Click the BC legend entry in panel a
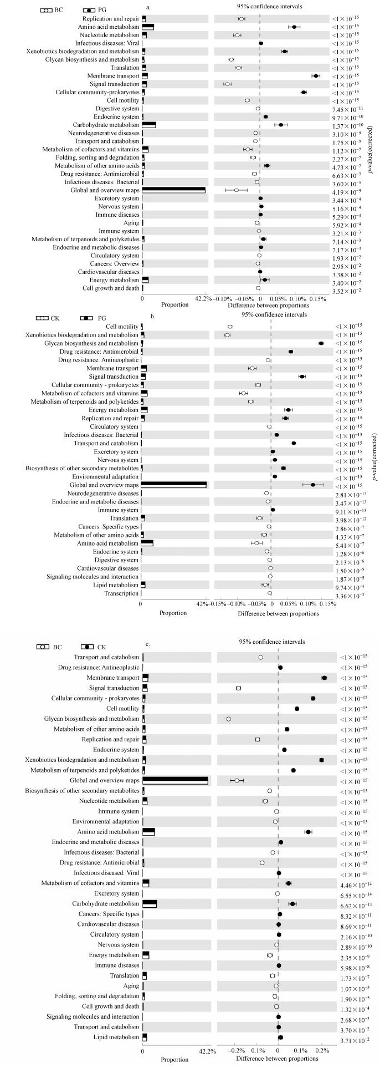(53, 10)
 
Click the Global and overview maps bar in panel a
(173, 190)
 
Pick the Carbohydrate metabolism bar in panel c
(150, 904)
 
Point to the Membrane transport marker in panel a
(316, 75)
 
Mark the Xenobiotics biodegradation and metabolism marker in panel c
(321, 760)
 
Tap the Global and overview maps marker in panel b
(313, 485)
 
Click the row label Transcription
(121, 593)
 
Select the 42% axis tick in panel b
(203, 604)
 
